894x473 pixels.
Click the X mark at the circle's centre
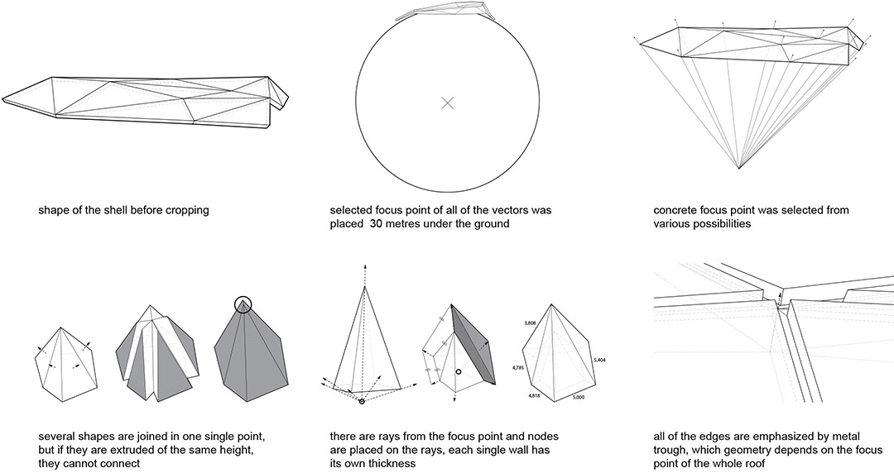(448, 103)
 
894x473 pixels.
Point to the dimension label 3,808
(531, 323)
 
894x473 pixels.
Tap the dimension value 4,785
(518, 368)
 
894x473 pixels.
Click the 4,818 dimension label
(534, 395)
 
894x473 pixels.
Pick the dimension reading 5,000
(578, 397)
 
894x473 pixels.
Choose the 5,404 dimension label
(600, 361)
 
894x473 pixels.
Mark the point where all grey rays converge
(739, 169)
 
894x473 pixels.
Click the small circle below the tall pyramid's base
(362, 402)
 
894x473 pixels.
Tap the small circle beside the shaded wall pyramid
(458, 372)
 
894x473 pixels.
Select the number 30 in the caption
(377, 223)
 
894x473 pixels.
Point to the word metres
(405, 223)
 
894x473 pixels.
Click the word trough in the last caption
(670, 451)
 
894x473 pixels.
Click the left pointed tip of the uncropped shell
(2, 99)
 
